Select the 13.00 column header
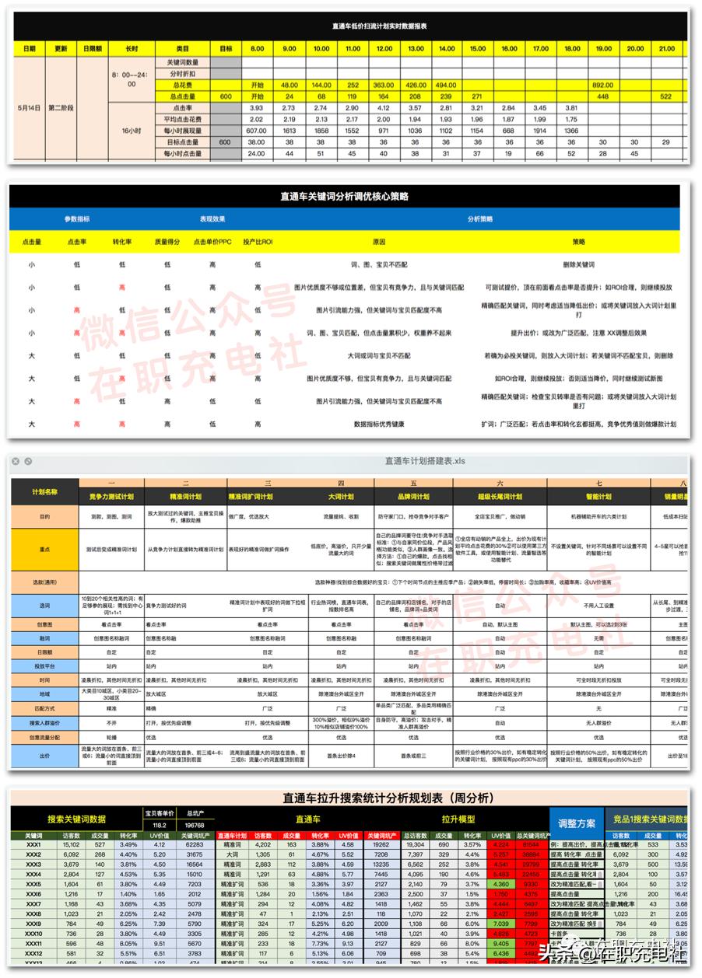click(x=415, y=48)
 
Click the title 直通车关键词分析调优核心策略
click(x=344, y=196)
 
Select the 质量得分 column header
click(x=167, y=242)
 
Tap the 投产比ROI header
click(x=258, y=242)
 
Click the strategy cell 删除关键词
click(x=578, y=264)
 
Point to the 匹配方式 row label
click(x=44, y=708)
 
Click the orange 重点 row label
click(x=44, y=548)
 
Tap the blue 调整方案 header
click(x=577, y=823)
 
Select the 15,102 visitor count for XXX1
click(x=71, y=844)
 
